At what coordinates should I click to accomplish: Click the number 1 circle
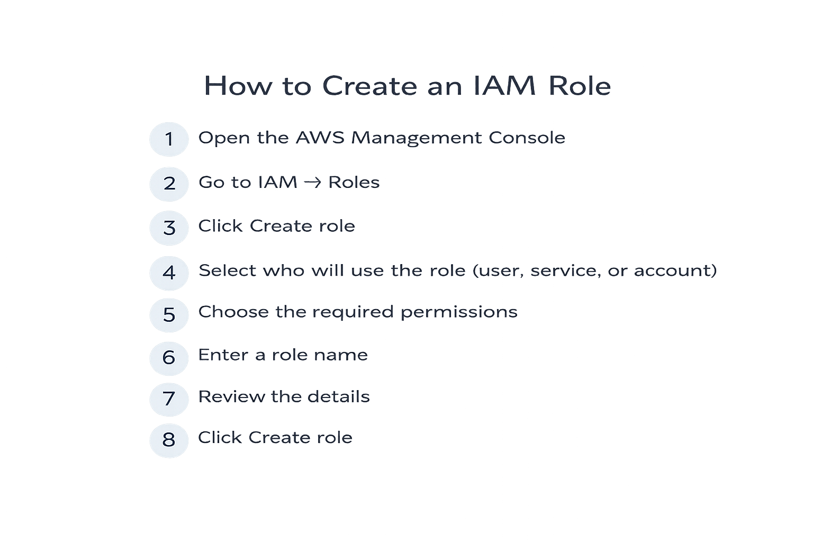[169, 139]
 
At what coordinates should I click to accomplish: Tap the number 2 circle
[169, 184]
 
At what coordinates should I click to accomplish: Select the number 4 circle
[169, 273]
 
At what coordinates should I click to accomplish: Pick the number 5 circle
[169, 315]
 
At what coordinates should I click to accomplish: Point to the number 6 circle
[169, 358]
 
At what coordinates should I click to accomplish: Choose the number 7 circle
[169, 399]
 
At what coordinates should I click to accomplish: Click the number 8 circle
[169, 440]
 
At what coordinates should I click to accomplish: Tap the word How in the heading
[237, 86]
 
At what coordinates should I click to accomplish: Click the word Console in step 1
[527, 138]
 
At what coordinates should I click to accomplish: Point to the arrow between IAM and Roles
[313, 183]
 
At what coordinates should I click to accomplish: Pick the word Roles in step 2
[354, 183]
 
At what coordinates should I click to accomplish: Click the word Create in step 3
[281, 226]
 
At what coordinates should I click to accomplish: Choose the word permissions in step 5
[458, 312]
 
